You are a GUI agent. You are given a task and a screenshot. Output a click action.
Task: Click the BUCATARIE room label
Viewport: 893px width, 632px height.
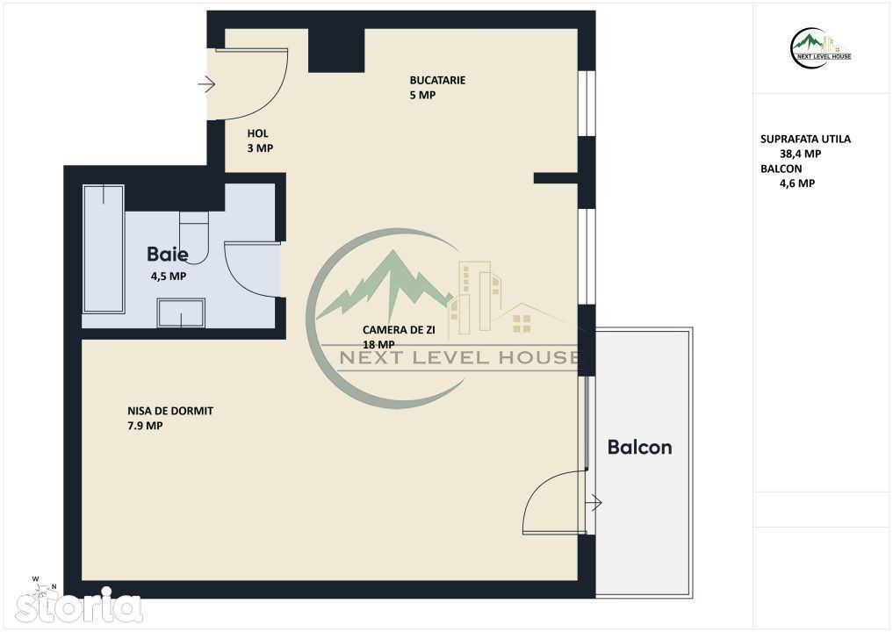coord(437,80)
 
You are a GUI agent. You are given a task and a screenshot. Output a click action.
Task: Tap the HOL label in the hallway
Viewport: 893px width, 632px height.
coord(257,133)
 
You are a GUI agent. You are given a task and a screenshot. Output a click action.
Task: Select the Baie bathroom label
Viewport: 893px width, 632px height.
coord(168,254)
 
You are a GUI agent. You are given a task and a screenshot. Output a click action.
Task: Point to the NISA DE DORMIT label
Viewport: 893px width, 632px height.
coord(170,411)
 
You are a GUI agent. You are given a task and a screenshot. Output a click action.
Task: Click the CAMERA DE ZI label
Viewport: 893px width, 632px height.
coord(399,330)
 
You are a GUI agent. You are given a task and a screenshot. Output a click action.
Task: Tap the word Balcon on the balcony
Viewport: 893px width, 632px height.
coord(639,447)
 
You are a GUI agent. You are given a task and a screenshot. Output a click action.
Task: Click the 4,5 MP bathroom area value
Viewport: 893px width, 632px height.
coord(168,276)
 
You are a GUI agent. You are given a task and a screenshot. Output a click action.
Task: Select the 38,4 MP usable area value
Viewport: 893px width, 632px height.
coord(800,154)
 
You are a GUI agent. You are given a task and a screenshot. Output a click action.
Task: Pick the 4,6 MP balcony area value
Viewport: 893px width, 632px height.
coord(796,183)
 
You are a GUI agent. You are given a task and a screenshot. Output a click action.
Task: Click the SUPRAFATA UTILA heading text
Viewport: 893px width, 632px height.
coord(805,139)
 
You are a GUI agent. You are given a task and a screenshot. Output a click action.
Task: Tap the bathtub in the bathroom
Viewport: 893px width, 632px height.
coord(104,248)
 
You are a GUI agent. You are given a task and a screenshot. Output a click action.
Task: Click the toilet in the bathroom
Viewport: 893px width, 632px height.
coord(194,237)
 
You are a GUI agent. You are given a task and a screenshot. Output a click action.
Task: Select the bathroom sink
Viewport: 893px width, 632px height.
coord(181,313)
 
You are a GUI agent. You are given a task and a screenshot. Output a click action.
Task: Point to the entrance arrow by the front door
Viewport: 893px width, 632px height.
coord(206,85)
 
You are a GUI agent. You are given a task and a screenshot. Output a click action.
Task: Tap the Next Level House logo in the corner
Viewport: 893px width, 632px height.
coord(820,48)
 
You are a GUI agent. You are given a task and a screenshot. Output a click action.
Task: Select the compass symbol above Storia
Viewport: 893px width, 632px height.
coord(45,585)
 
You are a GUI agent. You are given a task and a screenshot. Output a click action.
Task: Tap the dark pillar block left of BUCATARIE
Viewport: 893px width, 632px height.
coord(336,50)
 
